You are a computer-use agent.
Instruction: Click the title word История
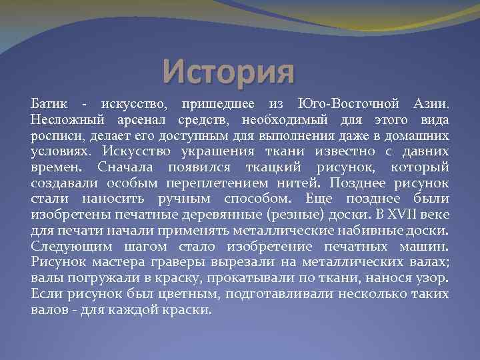point(228,71)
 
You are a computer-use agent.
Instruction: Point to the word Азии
point(432,105)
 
